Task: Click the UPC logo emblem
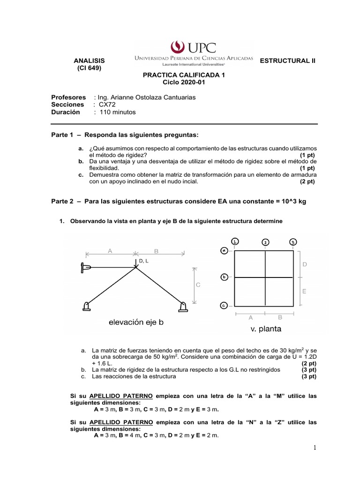coord(178,46)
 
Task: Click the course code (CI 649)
coord(89,68)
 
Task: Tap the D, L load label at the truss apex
coord(144,261)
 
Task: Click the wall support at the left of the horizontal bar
coord(86,267)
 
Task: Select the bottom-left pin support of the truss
coord(86,307)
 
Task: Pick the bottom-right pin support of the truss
coord(183,307)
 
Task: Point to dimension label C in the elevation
coord(198,285)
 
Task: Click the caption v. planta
coord(265,329)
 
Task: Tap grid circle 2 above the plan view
coord(265,242)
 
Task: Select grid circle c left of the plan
coord(224,306)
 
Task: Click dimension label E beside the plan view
coord(304,291)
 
